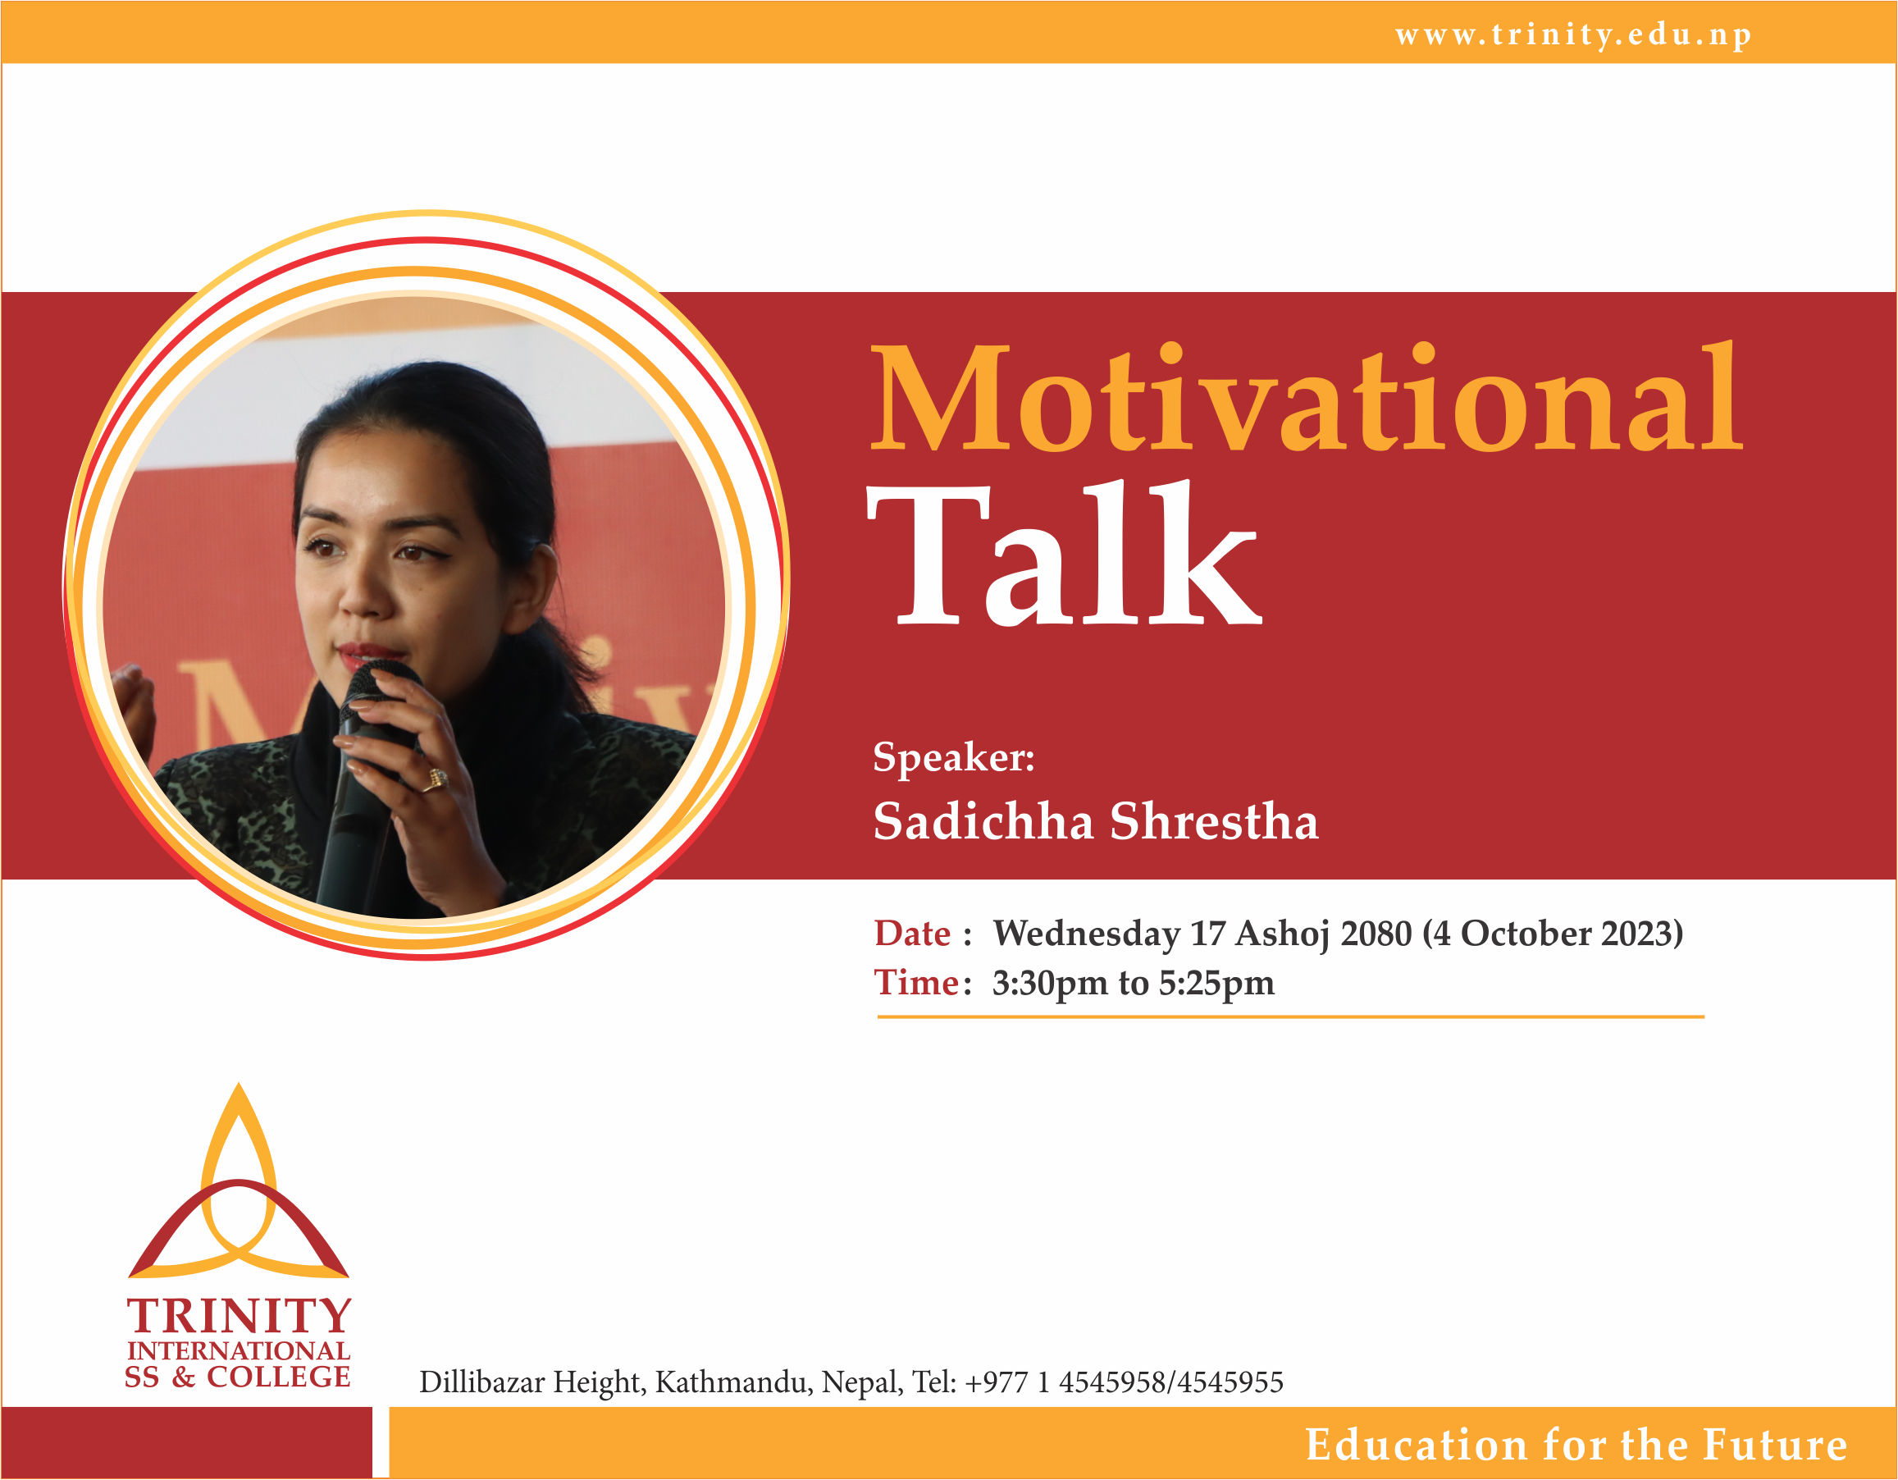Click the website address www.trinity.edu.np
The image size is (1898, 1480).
click(x=1573, y=34)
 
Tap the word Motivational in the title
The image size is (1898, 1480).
click(x=1305, y=400)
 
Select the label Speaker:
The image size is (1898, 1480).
click(x=953, y=757)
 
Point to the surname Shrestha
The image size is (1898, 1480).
click(x=1214, y=821)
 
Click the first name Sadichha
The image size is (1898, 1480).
click(x=982, y=821)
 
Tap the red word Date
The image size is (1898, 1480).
click(x=911, y=934)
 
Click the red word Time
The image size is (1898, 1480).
click(x=916, y=983)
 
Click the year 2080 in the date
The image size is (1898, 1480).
click(x=1376, y=934)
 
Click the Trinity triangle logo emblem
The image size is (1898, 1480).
click(x=239, y=1199)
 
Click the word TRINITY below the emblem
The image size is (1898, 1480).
click(x=239, y=1317)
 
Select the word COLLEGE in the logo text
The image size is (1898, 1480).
click(x=278, y=1377)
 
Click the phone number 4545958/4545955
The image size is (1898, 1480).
click(x=1170, y=1382)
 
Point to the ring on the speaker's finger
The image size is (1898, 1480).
click(x=437, y=778)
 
